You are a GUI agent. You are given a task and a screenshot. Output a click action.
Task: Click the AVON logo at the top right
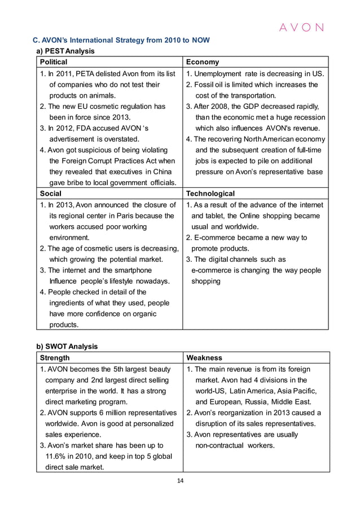303,27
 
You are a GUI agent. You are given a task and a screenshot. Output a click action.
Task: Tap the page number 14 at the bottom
180,481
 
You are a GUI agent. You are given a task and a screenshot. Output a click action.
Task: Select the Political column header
54,62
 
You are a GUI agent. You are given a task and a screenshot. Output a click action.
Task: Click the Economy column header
203,62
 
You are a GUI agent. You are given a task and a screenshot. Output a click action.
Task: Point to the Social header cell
50,194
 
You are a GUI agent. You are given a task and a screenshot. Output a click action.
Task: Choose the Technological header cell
210,194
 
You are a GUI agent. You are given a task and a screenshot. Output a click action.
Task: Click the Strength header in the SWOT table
55,358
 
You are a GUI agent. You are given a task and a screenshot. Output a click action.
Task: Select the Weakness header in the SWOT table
204,358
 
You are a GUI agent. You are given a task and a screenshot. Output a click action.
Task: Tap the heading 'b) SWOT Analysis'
67,346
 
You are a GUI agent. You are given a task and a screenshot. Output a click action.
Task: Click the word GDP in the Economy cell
251,107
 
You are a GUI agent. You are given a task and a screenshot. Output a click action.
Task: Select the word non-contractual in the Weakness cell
223,446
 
